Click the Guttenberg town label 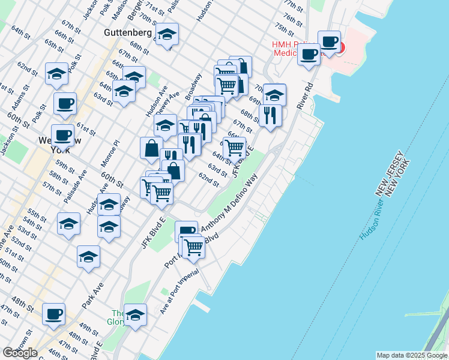[128, 32]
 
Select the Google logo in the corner [20, 353]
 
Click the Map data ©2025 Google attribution [411, 355]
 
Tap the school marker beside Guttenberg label [167, 33]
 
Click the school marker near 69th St [274, 94]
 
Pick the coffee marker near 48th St [54, 313]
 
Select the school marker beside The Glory [136, 314]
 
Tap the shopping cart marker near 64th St [234, 146]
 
